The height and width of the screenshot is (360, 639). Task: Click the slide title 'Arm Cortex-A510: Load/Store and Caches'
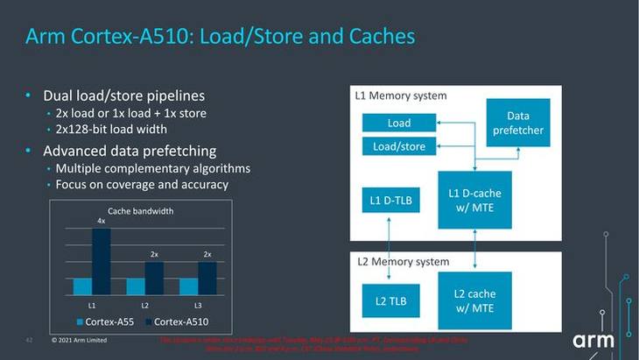pyautogui.click(x=220, y=37)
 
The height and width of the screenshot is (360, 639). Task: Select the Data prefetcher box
pyautogui.click(x=517, y=122)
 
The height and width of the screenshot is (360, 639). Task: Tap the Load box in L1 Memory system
pyautogui.click(x=399, y=123)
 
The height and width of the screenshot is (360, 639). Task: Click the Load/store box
pyautogui.click(x=399, y=146)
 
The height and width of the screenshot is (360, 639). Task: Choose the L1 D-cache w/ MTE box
pyautogui.click(x=474, y=200)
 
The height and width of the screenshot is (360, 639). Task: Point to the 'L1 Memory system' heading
pyautogui.click(x=401, y=95)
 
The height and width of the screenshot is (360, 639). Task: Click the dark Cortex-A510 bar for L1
pyautogui.click(x=101, y=261)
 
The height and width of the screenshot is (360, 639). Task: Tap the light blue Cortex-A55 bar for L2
pyautogui.click(x=135, y=286)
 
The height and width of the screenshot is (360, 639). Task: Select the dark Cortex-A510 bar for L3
pyautogui.click(x=207, y=278)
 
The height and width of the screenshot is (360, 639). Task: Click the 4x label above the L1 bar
pyautogui.click(x=101, y=222)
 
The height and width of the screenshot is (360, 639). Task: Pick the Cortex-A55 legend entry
pyautogui.click(x=103, y=321)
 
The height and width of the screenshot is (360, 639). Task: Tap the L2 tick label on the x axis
pyautogui.click(x=144, y=304)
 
